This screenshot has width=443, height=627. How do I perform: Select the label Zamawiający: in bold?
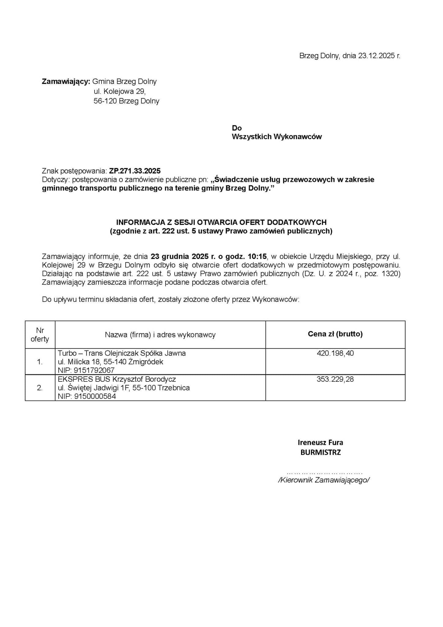click(x=66, y=81)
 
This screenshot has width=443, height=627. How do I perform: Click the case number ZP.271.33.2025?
click(x=135, y=171)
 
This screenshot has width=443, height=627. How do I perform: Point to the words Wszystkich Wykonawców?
click(x=277, y=137)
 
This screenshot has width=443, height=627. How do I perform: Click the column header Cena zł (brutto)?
click(x=335, y=334)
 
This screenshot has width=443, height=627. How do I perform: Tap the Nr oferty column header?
click(x=40, y=335)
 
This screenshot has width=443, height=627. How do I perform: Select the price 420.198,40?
click(x=335, y=353)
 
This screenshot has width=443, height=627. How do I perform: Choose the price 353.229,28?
click(x=335, y=379)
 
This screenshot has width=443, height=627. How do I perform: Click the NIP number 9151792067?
click(x=94, y=370)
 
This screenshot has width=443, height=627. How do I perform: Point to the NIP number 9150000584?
click(x=95, y=396)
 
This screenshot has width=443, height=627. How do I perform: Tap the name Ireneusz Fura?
click(x=320, y=442)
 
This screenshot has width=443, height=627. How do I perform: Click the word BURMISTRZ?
click(x=320, y=452)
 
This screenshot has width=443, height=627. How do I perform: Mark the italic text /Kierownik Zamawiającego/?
click(x=324, y=480)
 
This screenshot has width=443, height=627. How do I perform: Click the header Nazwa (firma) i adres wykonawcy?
click(x=160, y=335)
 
